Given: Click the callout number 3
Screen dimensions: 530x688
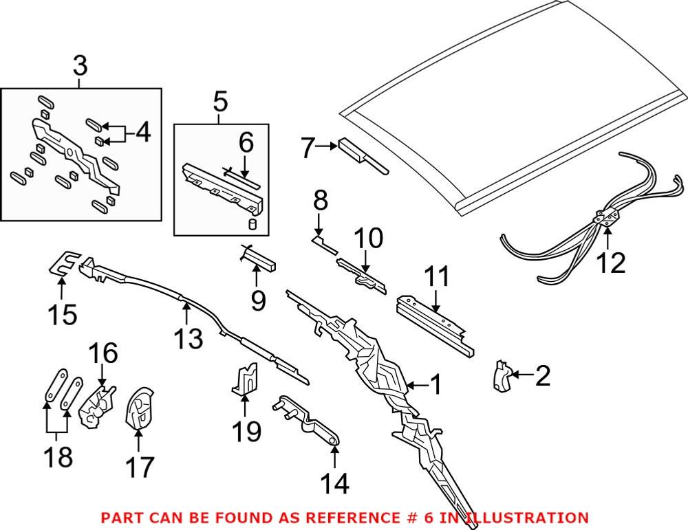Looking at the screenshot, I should tap(80, 67).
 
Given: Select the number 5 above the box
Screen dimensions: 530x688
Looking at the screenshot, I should tap(220, 102).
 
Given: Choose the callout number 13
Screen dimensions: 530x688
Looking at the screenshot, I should tap(187, 338).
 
